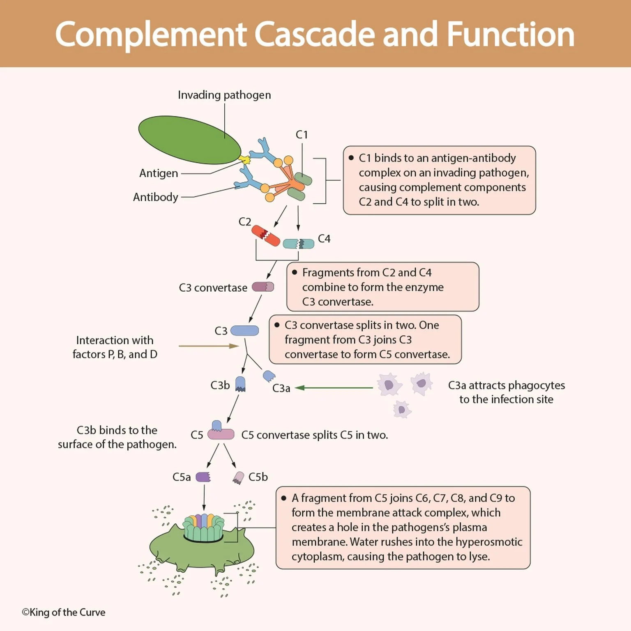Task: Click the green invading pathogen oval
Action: (x=189, y=140)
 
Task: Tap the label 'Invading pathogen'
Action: (x=224, y=95)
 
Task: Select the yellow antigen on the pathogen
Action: (x=246, y=159)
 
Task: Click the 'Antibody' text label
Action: (x=155, y=197)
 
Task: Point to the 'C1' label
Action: (x=302, y=135)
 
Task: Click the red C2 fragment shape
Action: (x=265, y=236)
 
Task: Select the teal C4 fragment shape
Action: (x=299, y=244)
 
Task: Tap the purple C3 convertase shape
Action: (x=263, y=287)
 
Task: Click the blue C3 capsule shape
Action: (x=244, y=331)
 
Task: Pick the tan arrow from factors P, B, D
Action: (x=208, y=346)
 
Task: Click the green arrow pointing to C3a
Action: (x=334, y=387)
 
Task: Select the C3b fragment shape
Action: (x=240, y=384)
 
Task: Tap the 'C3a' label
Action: (x=281, y=388)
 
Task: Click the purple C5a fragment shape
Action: (x=203, y=477)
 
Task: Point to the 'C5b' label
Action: (x=258, y=477)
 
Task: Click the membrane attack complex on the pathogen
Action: (x=204, y=528)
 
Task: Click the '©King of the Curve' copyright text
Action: (x=64, y=612)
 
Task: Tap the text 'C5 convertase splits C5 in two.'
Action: (x=314, y=435)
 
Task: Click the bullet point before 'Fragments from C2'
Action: (x=295, y=272)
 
